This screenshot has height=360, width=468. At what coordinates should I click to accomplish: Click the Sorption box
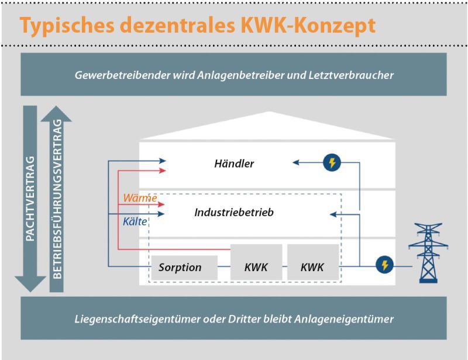184,268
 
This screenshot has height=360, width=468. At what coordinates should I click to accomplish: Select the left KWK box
256,262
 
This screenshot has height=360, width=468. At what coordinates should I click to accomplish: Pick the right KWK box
313,262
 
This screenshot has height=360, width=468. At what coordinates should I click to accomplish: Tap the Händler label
234,164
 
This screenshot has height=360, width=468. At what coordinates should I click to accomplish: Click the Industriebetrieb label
234,212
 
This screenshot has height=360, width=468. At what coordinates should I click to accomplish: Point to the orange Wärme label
140,198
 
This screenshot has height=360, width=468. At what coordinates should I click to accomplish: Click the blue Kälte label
135,221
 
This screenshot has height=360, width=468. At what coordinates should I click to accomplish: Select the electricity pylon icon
428,253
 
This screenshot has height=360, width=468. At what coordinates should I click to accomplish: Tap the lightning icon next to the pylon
384,265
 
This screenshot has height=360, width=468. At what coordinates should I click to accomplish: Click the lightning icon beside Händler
332,162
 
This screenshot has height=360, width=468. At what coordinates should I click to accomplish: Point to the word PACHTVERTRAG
30,199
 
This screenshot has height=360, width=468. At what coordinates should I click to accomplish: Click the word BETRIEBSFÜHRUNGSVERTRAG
57,199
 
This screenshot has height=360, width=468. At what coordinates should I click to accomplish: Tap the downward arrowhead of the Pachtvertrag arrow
30,284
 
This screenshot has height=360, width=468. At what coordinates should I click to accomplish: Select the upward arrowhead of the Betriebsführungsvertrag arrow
56,113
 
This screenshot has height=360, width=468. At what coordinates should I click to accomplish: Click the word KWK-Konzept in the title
308,26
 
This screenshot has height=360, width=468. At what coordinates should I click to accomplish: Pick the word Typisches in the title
67,26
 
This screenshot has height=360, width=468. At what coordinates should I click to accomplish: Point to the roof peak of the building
269,112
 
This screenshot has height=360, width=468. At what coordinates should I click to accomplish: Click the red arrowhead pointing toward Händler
163,171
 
